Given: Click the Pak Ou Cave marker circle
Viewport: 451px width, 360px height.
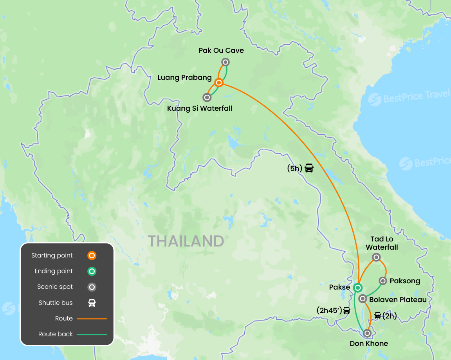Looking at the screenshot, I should coord(225,62).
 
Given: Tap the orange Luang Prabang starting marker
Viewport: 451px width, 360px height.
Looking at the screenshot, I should coord(219,83).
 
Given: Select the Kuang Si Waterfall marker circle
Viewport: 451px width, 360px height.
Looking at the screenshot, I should coord(207,97).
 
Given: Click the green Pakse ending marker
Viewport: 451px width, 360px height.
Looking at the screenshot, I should coord(357,288).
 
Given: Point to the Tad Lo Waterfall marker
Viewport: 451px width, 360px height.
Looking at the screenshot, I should coord(376,257).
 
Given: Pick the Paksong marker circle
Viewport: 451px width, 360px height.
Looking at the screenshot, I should coord(383,281).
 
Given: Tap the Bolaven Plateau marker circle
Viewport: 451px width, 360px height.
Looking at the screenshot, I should coord(363,299).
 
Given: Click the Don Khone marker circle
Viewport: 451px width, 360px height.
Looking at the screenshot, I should coord(367,333).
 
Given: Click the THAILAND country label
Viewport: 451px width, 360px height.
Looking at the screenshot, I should coord(186,241).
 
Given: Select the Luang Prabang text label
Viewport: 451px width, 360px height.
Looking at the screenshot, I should coord(184,77).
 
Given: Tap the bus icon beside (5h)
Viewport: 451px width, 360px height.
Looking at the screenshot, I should coord(309,168).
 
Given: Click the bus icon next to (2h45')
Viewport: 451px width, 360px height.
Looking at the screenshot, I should coord(346,311).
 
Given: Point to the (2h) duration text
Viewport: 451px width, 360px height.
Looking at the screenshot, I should coord(390,316).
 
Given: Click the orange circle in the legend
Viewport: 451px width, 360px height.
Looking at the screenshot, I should coord(92,256).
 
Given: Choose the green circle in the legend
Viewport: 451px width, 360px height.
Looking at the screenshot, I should coord(92,271).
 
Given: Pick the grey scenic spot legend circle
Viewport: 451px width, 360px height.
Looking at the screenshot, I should coord(92,287).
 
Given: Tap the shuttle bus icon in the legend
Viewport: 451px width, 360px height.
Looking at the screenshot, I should coord(92,303).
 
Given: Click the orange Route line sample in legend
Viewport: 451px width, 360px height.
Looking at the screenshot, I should coord(92,319).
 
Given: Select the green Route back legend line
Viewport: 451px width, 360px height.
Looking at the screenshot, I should coord(92,334).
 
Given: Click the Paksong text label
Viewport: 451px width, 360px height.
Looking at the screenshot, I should coord(405,281).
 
